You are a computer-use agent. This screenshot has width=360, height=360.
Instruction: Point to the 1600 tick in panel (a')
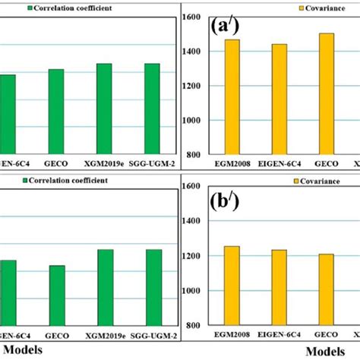pyautogui.click(x=192, y=17)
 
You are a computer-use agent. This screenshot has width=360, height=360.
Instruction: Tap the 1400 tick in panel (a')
pyautogui.click(x=192, y=52)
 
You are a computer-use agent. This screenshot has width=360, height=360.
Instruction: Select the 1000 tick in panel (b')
pyautogui.click(x=192, y=291)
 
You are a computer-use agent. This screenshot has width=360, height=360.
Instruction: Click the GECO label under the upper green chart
pyautogui.click(x=56, y=161)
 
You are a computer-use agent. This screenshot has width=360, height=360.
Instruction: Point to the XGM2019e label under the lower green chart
pyautogui.click(x=105, y=335)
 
